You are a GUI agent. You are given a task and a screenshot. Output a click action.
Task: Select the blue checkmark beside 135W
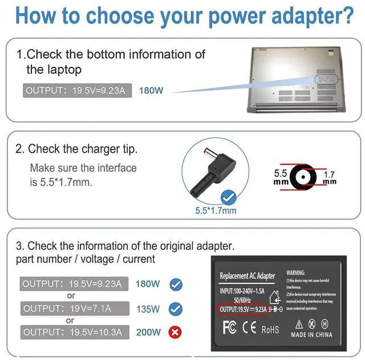pyautogui.click(x=176, y=309)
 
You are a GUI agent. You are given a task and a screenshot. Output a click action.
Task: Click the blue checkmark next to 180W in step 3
pyautogui.click(x=176, y=284)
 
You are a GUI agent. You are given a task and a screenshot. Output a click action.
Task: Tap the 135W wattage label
pyautogui.click(x=148, y=309)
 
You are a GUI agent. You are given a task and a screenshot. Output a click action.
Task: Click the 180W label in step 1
pyautogui.click(x=151, y=90)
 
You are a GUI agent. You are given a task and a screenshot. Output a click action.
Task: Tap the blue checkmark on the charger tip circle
pyautogui.click(x=229, y=199)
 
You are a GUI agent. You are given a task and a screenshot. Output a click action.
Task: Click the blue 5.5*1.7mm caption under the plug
pyautogui.click(x=216, y=211)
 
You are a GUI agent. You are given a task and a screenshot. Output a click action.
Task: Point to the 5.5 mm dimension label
pyautogui.click(x=280, y=176)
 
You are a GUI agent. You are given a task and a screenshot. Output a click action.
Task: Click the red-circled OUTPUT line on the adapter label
pyautogui.click(x=244, y=309)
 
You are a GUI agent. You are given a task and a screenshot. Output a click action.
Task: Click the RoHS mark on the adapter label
pyautogui.click(x=270, y=330)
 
